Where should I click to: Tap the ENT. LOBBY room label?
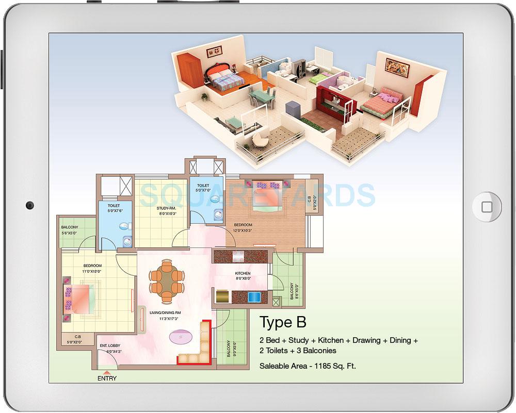(110, 346)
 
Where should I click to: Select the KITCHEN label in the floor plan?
(243, 273)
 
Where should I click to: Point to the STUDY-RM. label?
(167, 208)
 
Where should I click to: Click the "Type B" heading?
(283, 322)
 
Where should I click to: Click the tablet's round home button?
(487, 206)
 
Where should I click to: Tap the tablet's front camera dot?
(29, 206)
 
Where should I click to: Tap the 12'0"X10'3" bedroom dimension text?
(243, 230)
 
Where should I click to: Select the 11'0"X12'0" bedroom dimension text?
(92, 271)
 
